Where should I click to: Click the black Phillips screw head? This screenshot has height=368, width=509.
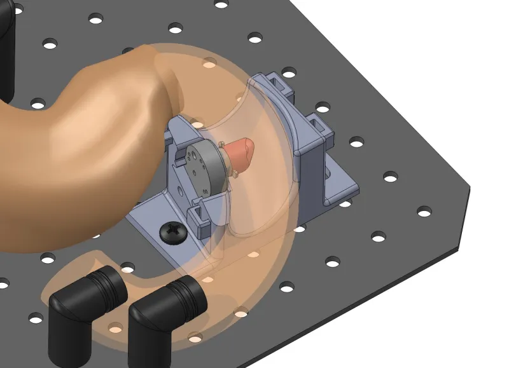coord(172,231)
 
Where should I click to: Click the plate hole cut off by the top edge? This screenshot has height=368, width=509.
coord(221,4)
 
